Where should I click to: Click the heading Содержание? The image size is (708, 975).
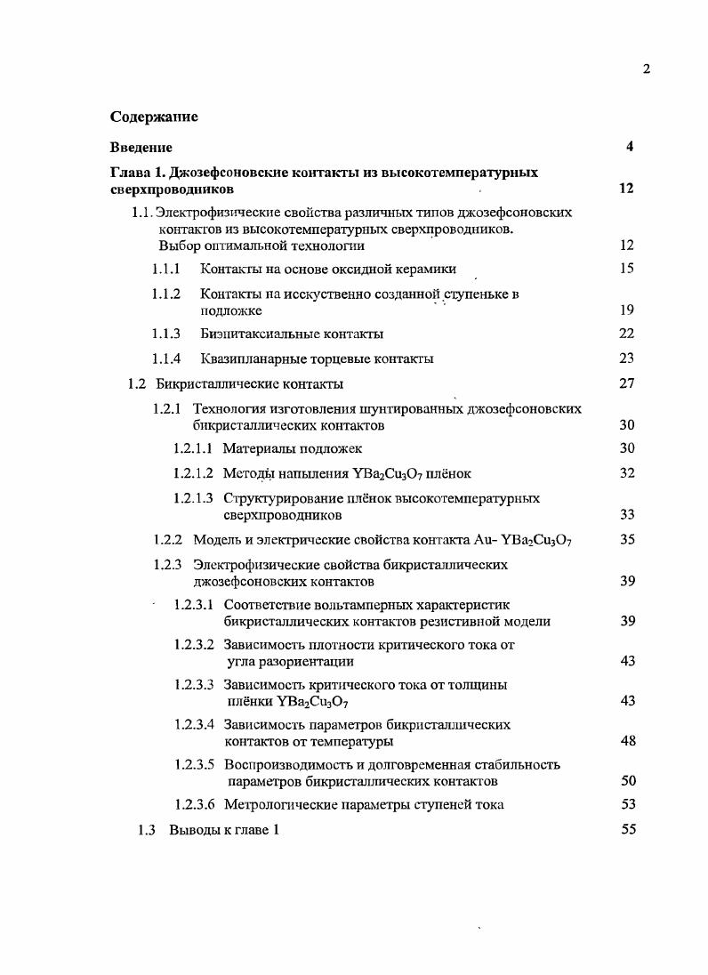tap(154, 117)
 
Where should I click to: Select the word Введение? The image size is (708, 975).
tap(141, 148)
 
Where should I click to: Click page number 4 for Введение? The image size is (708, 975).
tap(629, 148)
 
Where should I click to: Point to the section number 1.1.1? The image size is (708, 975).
tap(166, 269)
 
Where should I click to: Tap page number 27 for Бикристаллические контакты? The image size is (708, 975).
tap(626, 384)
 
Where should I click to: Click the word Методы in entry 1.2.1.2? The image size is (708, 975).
tap(248, 473)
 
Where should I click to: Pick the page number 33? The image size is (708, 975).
tap(626, 514)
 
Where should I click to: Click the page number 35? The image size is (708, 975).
tap(626, 539)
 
